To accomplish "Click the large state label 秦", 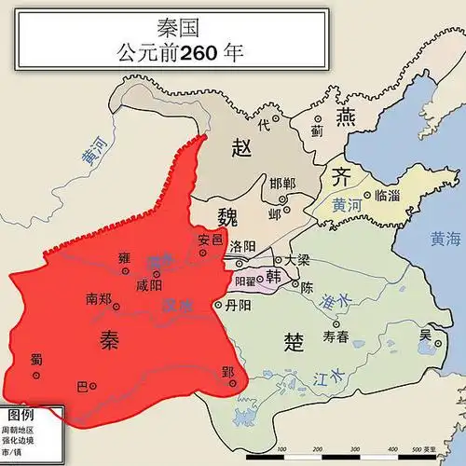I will [109, 341].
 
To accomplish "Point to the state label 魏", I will [228, 217].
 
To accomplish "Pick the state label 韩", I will [273, 277].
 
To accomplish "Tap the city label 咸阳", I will [148, 285].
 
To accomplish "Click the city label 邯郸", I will [281, 184].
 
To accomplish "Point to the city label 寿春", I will [336, 336].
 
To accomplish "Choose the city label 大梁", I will [297, 260].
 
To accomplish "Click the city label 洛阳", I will [241, 246].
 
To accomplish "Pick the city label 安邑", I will [211, 240].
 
